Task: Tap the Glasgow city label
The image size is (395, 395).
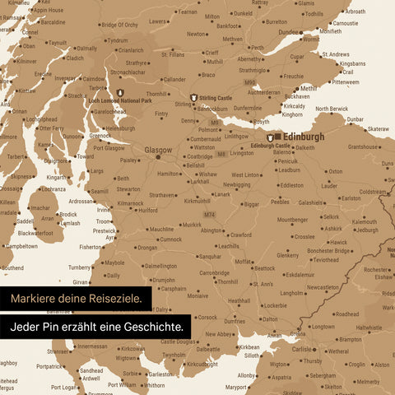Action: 158,151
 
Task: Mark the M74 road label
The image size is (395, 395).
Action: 210,215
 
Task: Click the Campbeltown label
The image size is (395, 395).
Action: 22,245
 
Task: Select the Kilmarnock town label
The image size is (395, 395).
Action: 130,202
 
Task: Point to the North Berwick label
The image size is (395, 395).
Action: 332,109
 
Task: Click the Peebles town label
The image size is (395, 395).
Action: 281,201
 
